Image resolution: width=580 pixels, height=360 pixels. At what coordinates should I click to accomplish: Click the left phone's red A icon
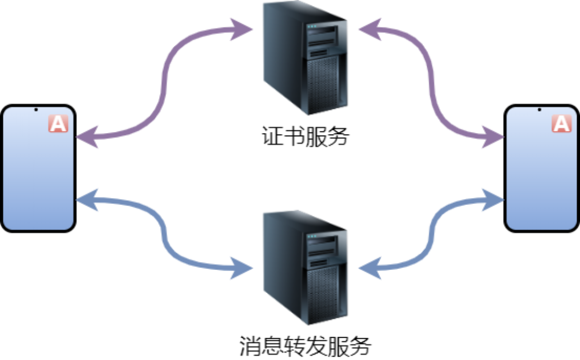58,124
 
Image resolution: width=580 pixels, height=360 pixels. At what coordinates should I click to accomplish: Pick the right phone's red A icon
562,124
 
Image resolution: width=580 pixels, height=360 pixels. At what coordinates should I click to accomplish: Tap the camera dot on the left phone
36,110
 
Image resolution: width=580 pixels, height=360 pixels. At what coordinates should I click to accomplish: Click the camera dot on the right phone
540,110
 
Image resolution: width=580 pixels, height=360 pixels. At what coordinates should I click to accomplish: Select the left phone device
38,168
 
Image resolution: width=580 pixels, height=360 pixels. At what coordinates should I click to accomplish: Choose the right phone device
542,168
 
